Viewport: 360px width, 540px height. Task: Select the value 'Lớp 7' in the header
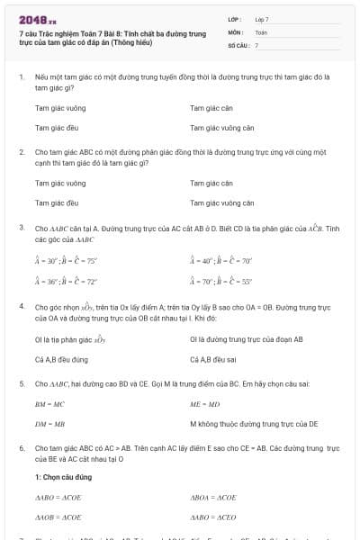click(x=262, y=19)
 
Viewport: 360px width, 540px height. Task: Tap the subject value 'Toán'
click(x=261, y=31)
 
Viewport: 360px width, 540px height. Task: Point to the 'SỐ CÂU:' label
click(x=237, y=44)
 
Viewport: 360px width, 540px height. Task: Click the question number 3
click(x=21, y=229)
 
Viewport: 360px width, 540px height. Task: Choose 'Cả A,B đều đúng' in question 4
click(x=60, y=359)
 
